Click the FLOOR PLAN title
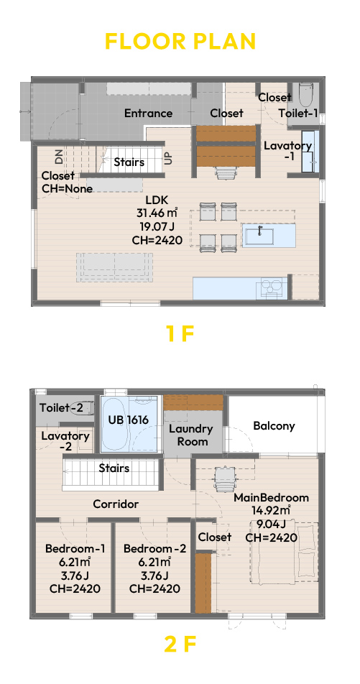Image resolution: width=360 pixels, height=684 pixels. click(180, 41)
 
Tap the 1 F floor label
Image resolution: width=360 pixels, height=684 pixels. click(180, 333)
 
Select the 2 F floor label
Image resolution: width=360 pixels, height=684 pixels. click(180, 644)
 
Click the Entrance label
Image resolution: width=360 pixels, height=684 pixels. click(148, 114)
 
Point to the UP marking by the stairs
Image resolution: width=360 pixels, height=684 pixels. click(169, 157)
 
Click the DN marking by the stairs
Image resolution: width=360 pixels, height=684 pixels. click(59, 156)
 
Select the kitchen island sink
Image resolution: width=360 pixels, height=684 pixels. click(259, 236)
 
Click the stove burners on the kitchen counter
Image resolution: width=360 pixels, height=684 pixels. click(271, 287)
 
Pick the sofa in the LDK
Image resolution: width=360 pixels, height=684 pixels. click(115, 267)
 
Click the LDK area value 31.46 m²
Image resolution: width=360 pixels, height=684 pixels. click(157, 213)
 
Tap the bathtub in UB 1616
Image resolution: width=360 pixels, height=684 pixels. click(115, 424)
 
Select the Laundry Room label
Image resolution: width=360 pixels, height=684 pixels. click(191, 435)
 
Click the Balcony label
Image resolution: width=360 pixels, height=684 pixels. click(274, 425)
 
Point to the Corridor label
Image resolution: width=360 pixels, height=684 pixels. click(116, 504)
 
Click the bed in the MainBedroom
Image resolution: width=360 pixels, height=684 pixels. click(284, 552)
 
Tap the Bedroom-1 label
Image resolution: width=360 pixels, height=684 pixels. click(75, 548)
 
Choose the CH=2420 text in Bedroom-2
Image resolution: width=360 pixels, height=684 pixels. click(154, 588)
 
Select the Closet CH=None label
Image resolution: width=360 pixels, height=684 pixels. click(67, 182)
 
